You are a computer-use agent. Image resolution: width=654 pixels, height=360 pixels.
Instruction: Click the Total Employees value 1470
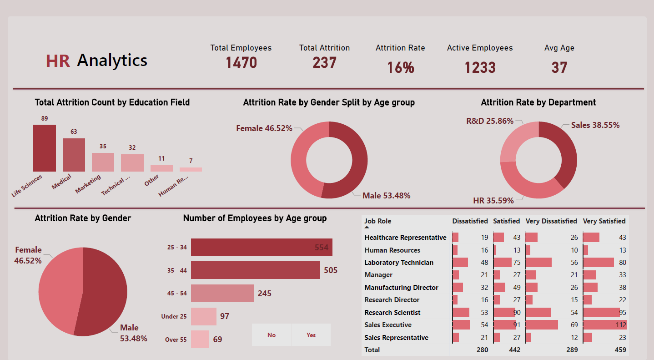(241, 63)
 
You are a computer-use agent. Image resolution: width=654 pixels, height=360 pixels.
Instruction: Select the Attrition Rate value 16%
(400, 68)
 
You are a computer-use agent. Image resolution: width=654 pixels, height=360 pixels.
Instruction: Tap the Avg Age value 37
(559, 68)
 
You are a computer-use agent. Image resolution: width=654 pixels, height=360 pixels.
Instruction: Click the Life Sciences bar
(45, 148)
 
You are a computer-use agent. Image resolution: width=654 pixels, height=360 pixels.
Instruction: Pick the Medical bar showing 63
(74, 155)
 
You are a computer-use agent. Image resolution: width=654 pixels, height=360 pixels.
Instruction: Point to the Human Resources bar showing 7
(191, 169)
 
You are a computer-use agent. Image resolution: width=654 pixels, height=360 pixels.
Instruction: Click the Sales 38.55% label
(595, 125)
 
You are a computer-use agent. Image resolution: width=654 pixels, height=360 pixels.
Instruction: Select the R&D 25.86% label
(489, 121)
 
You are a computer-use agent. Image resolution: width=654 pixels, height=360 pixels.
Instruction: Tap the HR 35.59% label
(493, 201)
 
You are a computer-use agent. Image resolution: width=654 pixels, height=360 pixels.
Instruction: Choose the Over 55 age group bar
(200, 340)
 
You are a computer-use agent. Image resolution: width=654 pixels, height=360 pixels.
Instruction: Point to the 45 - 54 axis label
(177, 294)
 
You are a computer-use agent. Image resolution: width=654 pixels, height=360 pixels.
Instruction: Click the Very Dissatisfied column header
(551, 221)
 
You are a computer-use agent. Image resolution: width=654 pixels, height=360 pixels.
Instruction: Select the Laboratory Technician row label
(399, 263)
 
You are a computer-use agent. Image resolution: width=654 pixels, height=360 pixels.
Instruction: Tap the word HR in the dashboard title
(58, 61)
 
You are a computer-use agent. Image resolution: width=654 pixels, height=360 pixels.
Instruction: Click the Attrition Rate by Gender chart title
(83, 218)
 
